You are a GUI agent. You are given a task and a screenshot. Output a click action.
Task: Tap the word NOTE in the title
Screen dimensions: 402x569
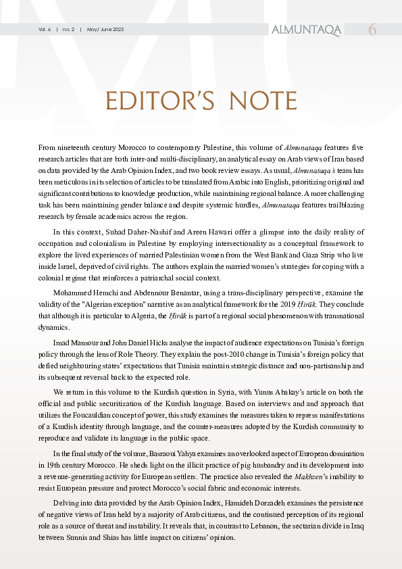[260, 101]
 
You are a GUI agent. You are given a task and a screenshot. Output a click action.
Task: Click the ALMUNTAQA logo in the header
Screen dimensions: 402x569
[305, 30]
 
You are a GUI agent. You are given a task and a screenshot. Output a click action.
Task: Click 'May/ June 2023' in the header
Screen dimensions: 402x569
[105, 30]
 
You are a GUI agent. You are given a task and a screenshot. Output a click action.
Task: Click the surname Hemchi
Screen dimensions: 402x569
[105, 292]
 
